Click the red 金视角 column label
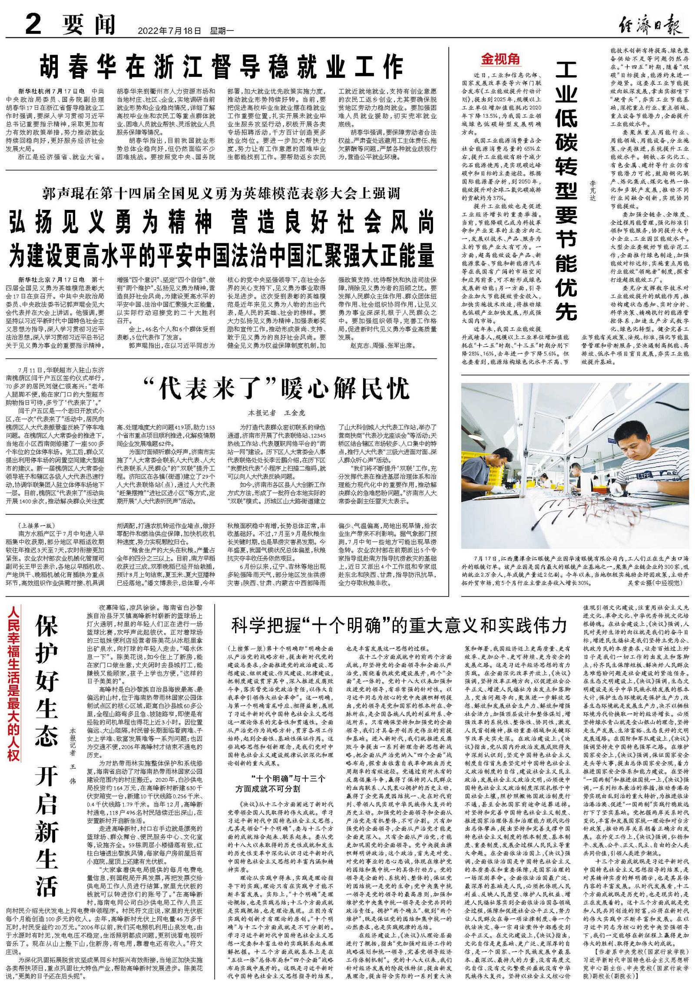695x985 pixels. click(500, 60)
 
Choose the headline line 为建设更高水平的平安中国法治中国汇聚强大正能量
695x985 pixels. click(222, 255)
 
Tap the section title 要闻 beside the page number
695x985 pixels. click(88, 24)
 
